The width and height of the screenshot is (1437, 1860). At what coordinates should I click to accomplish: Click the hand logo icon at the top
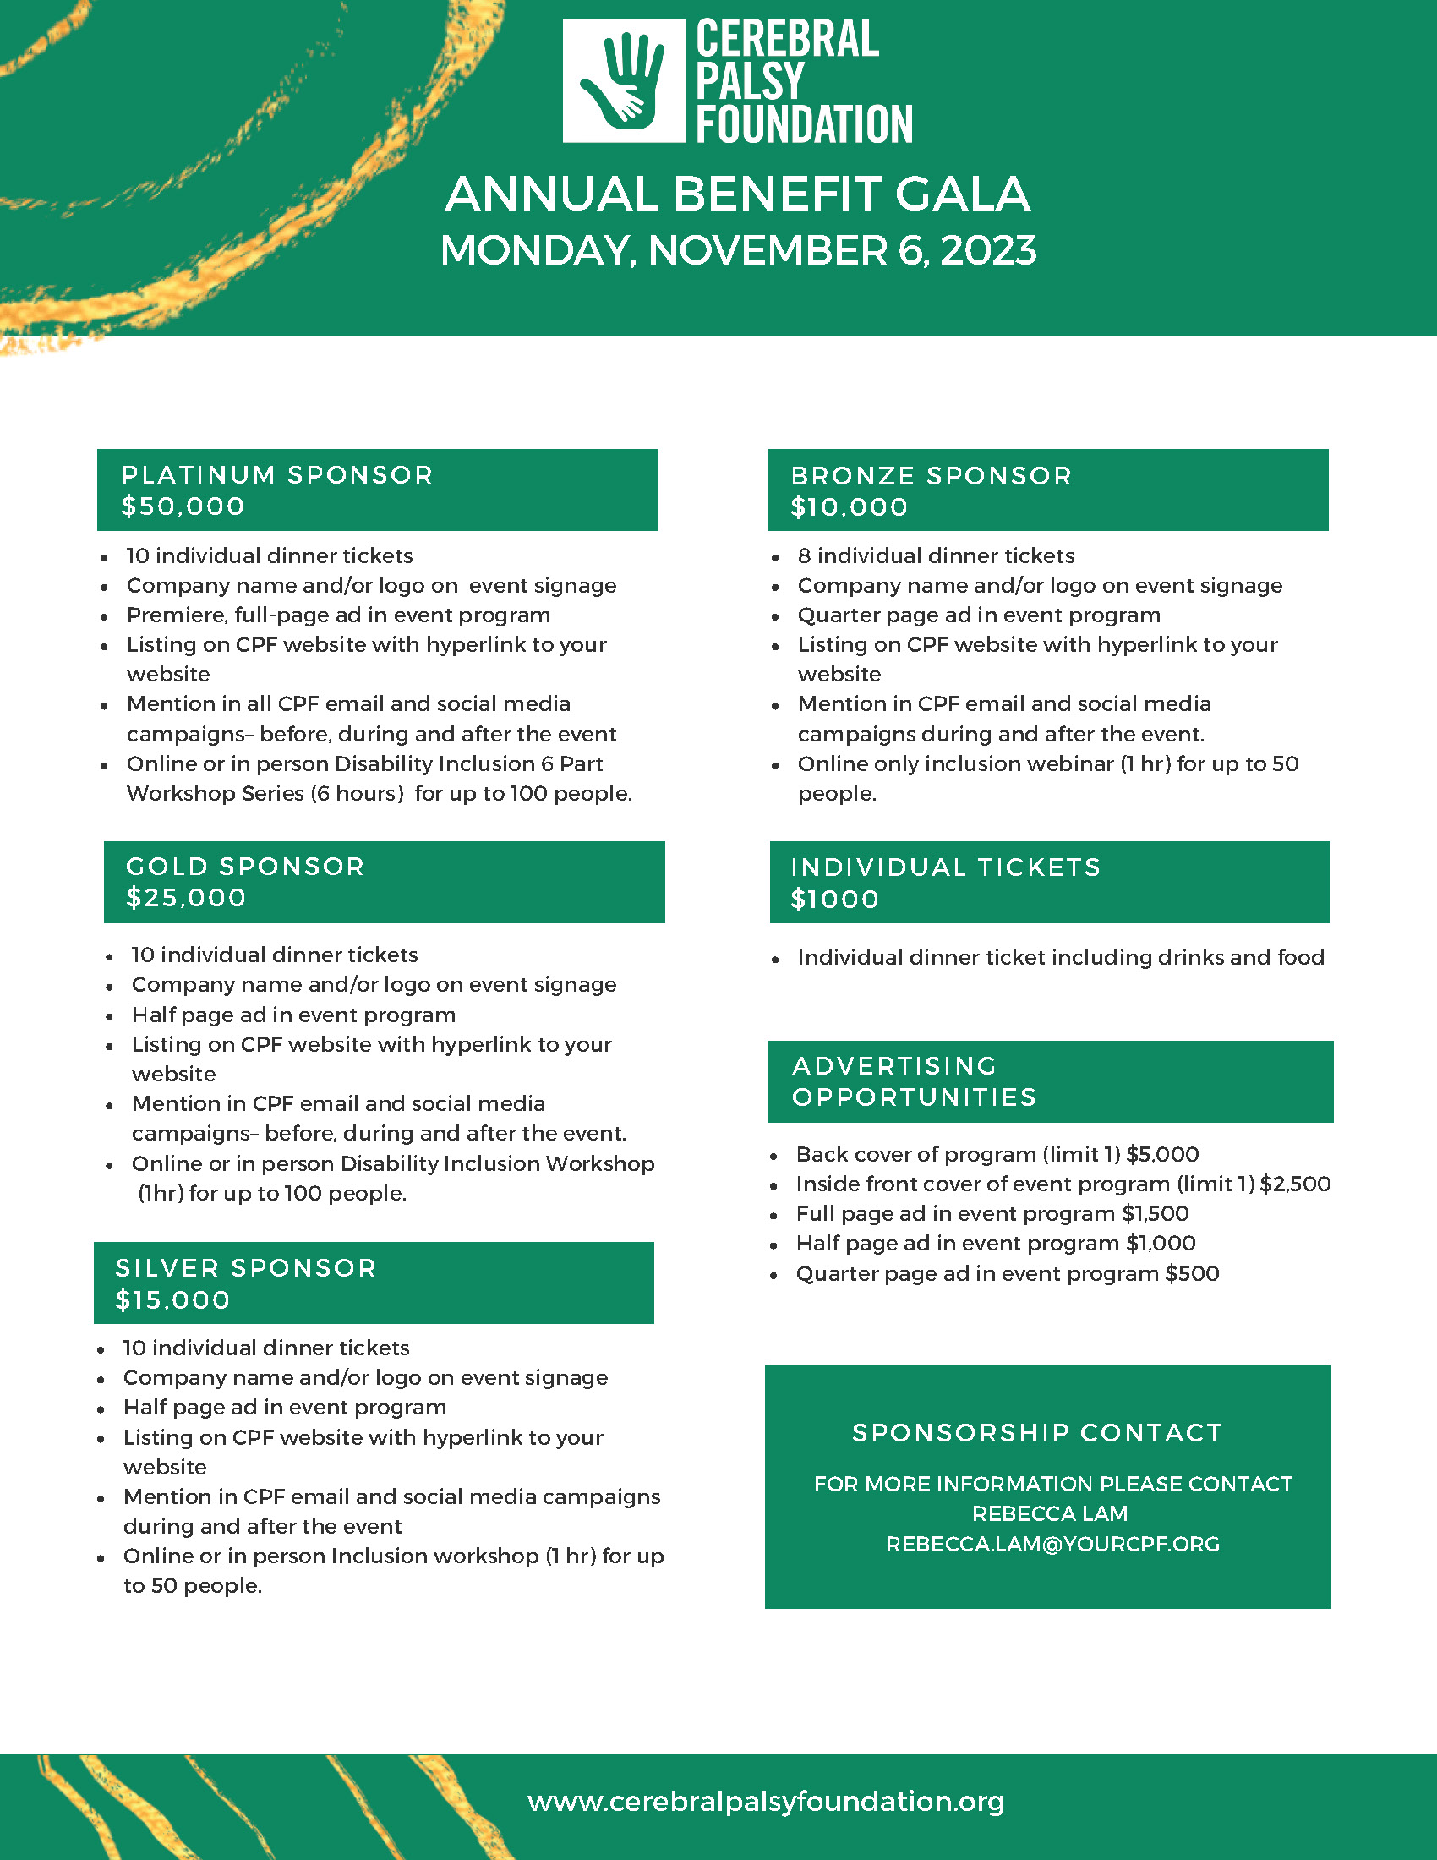[x=623, y=81]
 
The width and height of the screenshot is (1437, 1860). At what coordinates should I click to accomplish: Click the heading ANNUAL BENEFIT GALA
[x=737, y=194]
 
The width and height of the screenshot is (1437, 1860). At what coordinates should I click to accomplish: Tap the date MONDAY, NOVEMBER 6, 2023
[x=738, y=250]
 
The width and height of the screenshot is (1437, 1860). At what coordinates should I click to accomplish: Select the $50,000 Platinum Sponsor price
[x=183, y=506]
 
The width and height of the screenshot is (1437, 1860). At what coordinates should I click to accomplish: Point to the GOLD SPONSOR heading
[x=245, y=866]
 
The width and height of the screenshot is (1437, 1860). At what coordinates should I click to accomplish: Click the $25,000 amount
[x=187, y=898]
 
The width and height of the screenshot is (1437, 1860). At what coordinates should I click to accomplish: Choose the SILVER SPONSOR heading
[x=246, y=1268]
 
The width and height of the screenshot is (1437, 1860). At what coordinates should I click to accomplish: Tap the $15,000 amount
[x=172, y=1300]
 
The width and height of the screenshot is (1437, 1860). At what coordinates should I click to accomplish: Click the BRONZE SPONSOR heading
[x=932, y=475]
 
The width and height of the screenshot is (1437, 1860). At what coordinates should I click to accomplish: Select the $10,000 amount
[x=850, y=507]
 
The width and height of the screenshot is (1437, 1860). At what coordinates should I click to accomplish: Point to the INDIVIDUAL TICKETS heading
[x=946, y=867]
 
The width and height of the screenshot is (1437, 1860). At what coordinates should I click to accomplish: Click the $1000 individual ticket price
[x=835, y=900]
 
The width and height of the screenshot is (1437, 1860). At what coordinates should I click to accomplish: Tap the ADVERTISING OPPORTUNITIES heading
[x=915, y=1081]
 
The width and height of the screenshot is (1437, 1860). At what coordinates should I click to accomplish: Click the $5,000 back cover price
[x=1162, y=1154]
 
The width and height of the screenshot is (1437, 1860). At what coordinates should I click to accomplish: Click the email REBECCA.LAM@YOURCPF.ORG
[x=1052, y=1544]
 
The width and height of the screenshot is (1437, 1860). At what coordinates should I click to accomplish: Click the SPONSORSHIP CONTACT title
[x=1038, y=1433]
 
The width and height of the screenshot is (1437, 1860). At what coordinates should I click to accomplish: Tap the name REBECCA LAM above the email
[x=1050, y=1513]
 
